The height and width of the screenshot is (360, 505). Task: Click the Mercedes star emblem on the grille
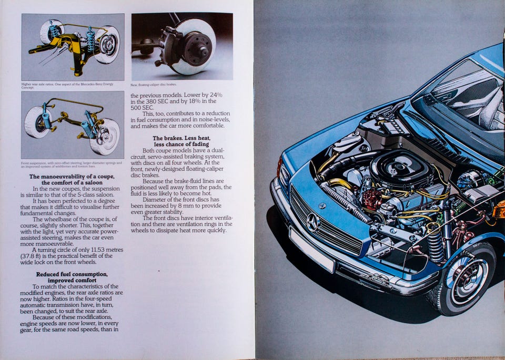pyautogui.click(x=313, y=223)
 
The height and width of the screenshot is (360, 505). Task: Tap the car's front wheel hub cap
pyautogui.click(x=465, y=279)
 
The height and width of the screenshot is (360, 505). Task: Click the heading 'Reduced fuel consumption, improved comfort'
pyautogui.click(x=72, y=277)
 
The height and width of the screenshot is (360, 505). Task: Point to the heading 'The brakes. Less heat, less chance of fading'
pyautogui.click(x=181, y=141)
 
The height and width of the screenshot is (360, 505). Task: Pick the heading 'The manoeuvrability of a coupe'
pyautogui.click(x=72, y=179)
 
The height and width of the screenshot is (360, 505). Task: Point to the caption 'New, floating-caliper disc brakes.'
pyautogui.click(x=154, y=84)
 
